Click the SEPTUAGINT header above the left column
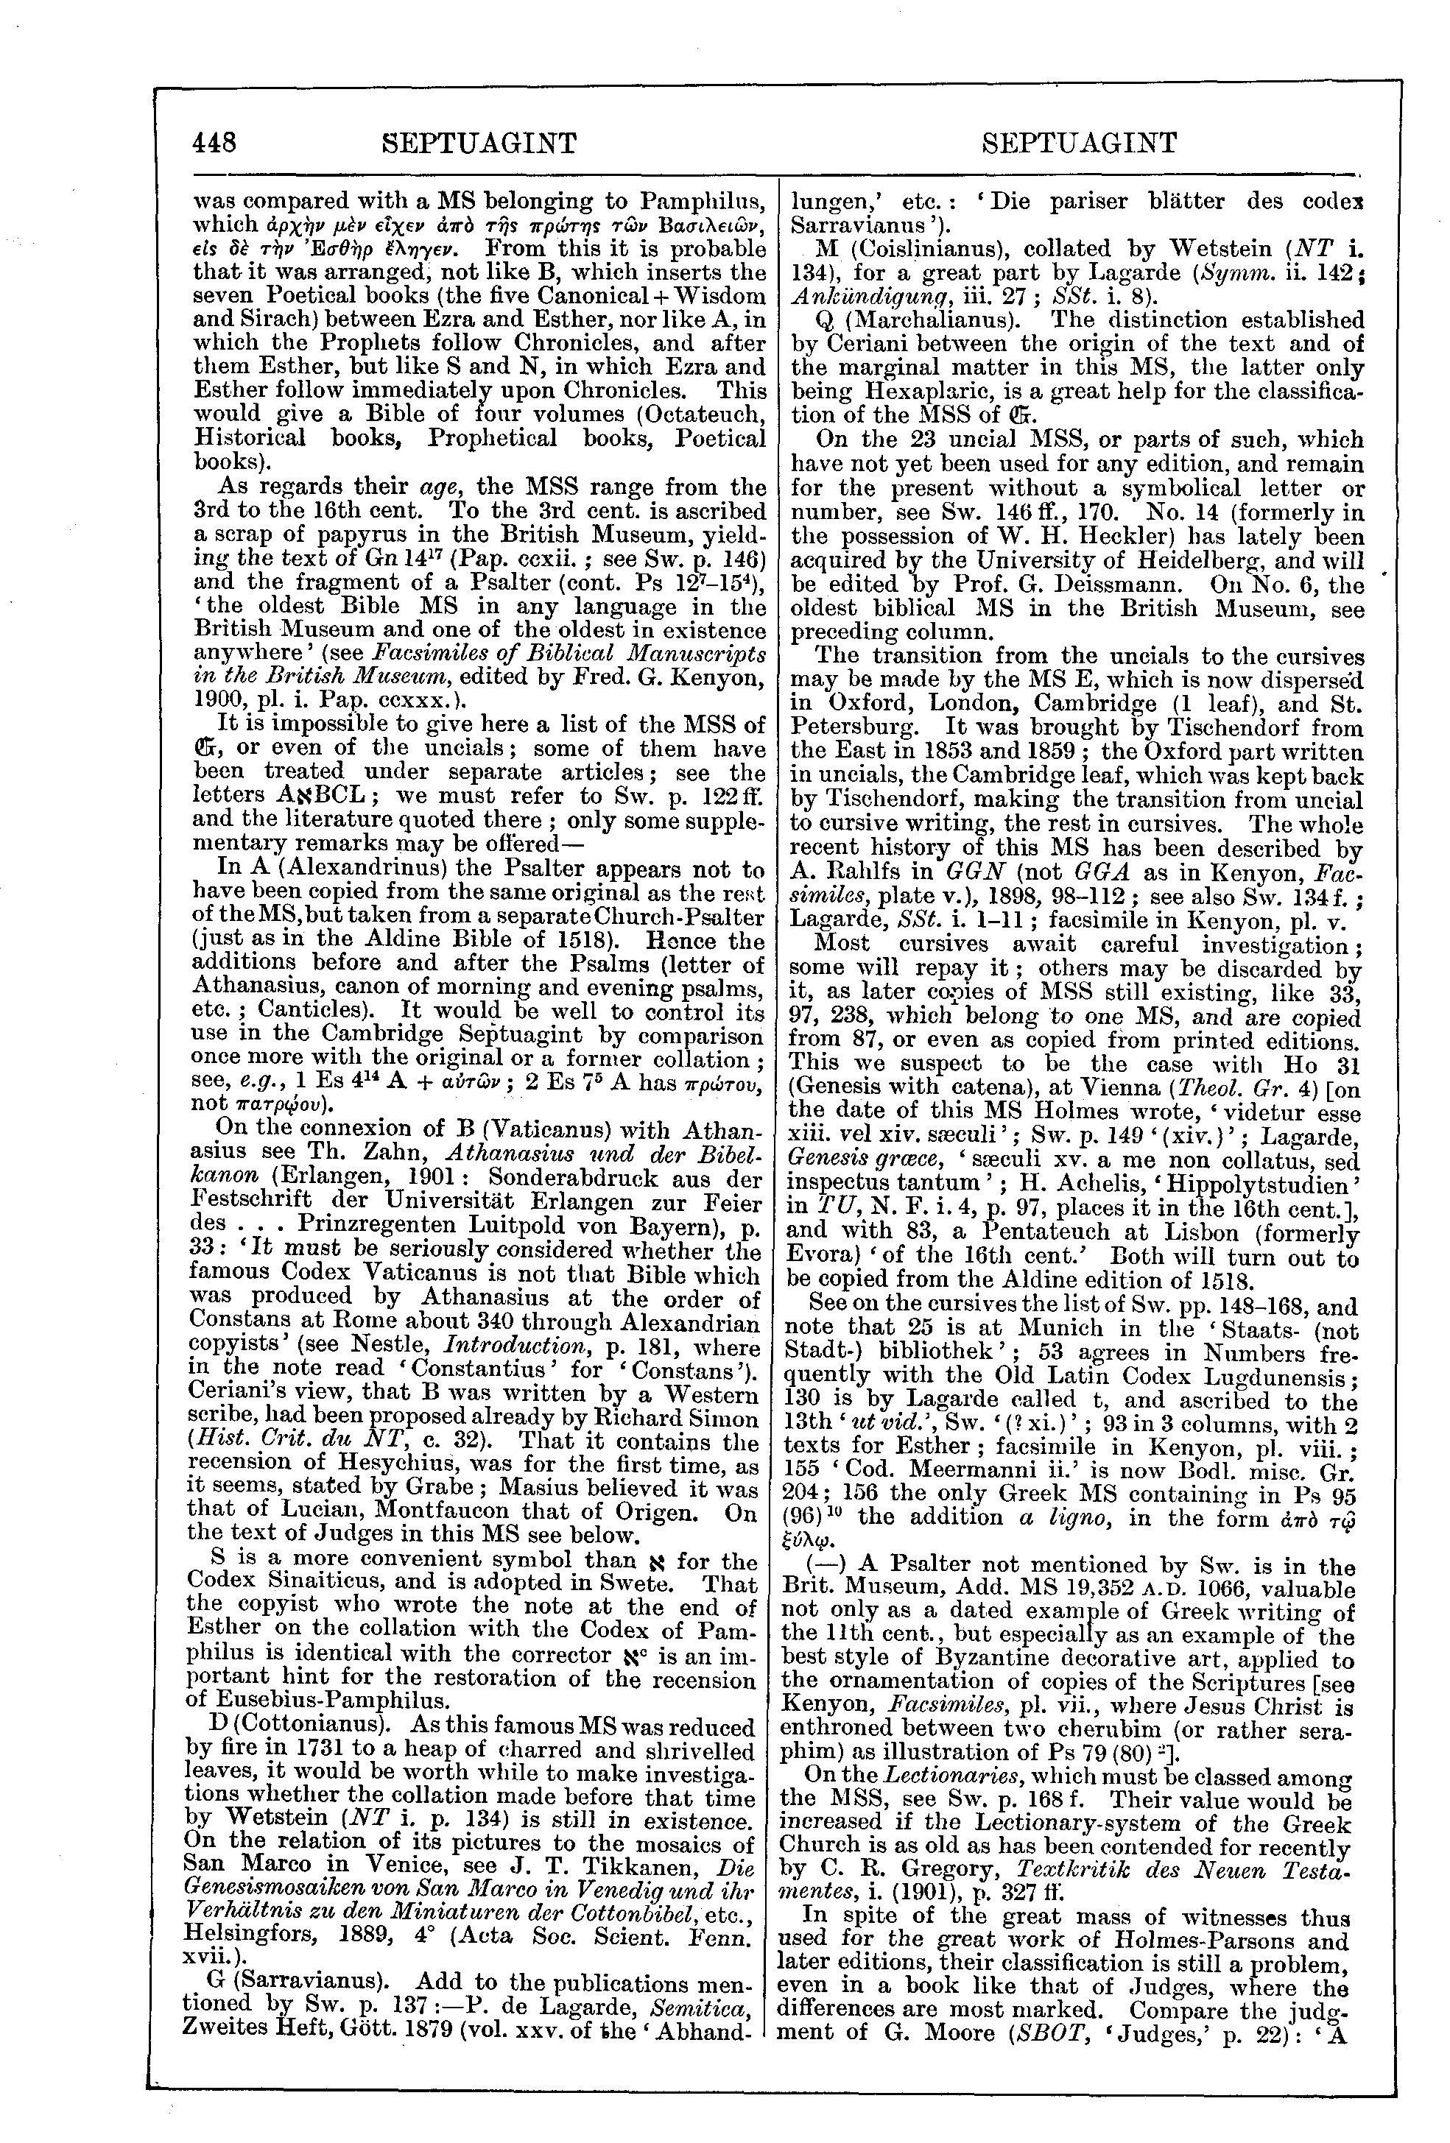coord(479,143)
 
